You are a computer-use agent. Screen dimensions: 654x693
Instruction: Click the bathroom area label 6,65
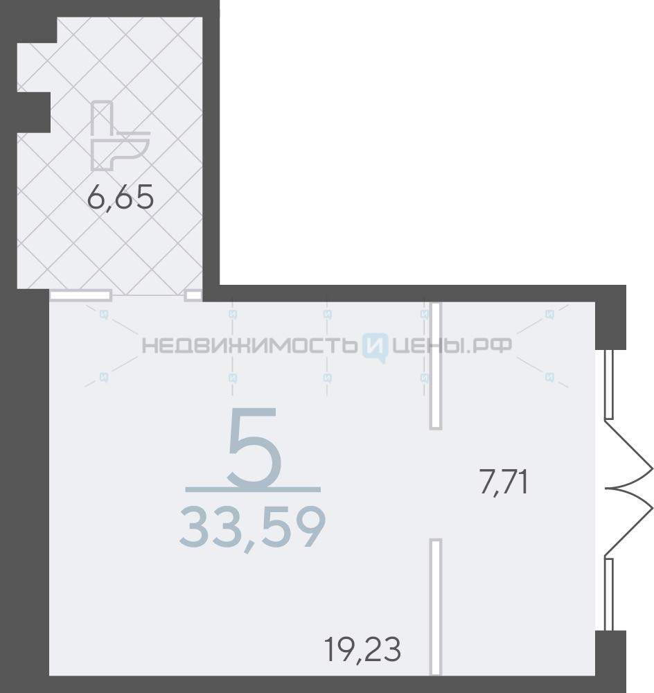[121, 197]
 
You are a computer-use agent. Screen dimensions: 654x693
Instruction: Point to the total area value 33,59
[253, 528]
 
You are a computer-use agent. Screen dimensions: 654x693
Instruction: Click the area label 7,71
[504, 482]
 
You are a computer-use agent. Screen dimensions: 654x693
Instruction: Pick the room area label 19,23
[363, 649]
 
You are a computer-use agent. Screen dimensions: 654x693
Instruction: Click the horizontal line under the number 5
[253, 489]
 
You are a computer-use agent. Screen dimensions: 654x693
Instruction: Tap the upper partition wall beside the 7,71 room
[436, 365]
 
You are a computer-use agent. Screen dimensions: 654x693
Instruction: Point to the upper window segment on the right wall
[608, 385]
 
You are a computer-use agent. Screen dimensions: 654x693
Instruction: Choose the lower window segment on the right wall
[608, 594]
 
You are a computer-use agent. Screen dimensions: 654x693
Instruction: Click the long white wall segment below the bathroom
[80, 295]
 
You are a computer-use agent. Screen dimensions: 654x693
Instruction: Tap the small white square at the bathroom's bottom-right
[193, 295]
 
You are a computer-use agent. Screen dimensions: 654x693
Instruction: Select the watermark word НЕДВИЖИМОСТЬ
[249, 345]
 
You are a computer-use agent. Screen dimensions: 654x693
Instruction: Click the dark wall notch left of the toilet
[33, 112]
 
